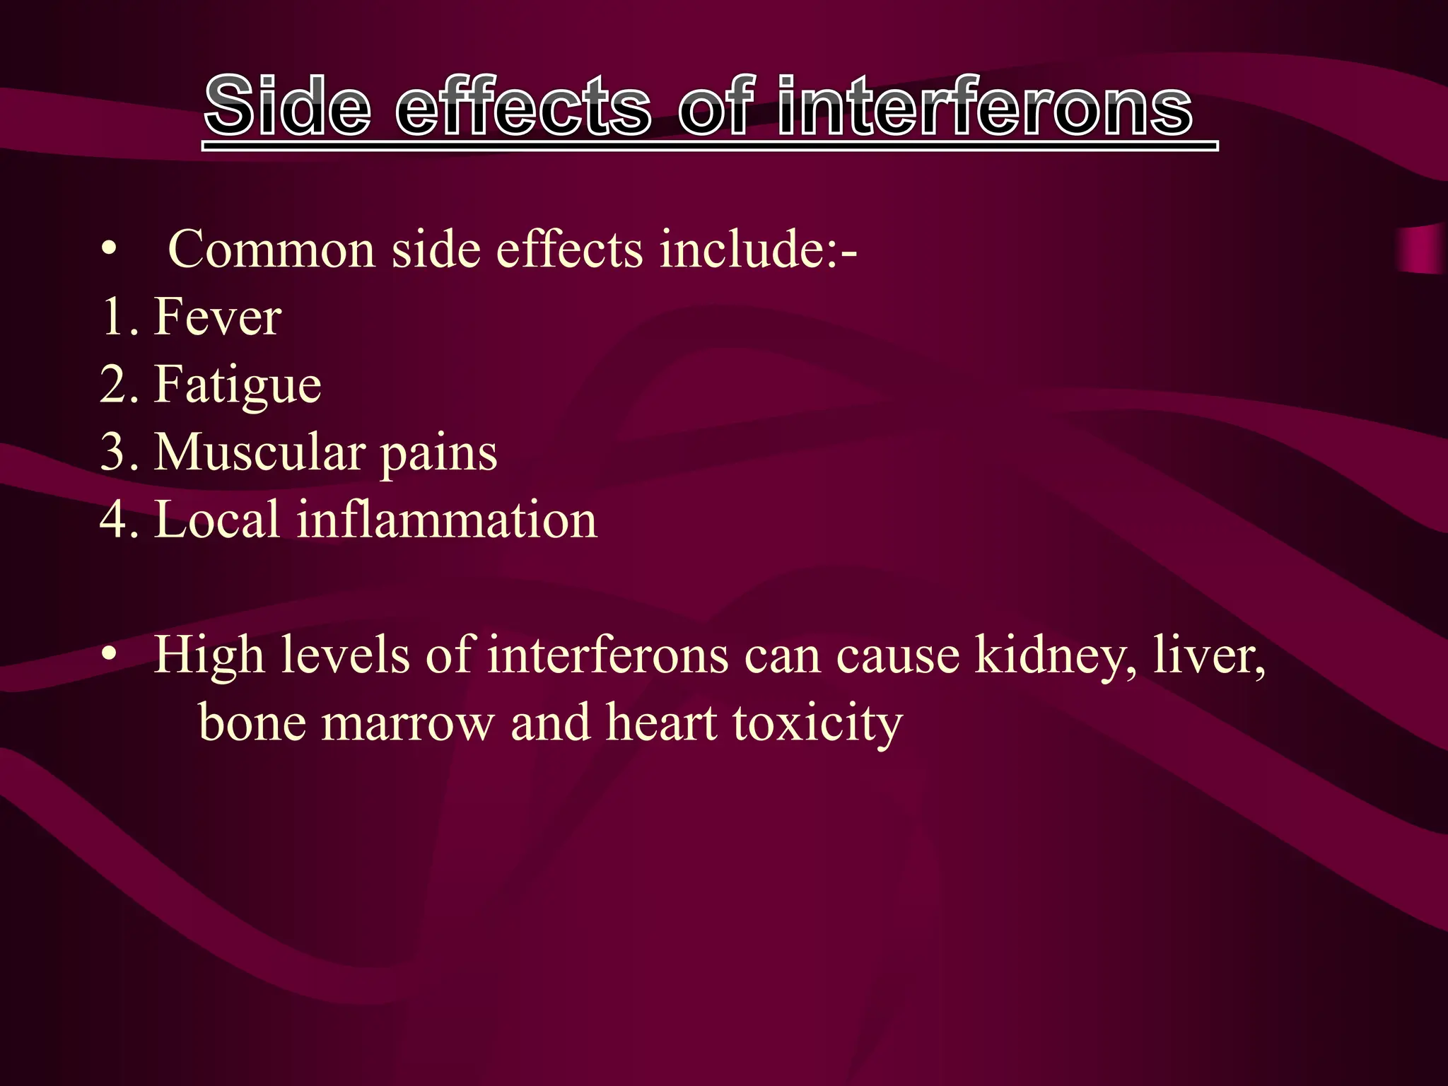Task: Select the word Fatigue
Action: point(238,385)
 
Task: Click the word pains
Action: point(438,453)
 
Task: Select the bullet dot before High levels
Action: point(107,655)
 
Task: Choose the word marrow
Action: point(407,723)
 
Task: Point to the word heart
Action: point(662,722)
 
